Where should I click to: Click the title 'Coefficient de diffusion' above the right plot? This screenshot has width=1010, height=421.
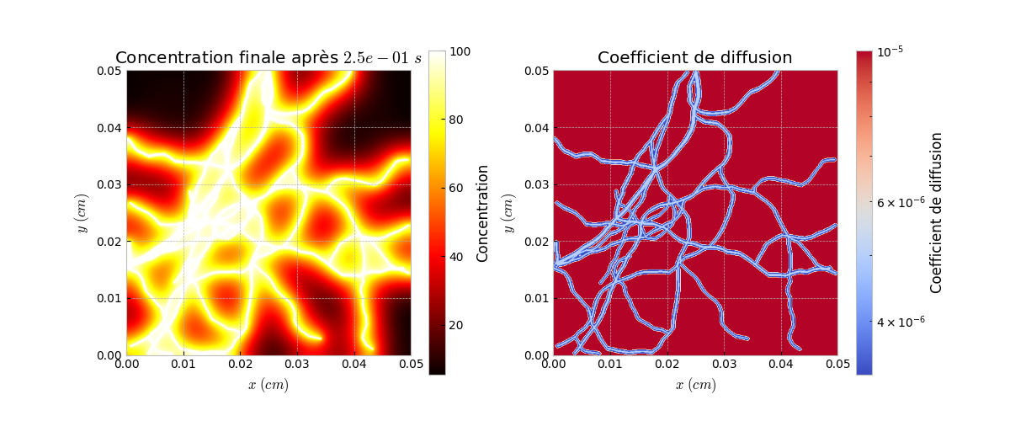point(694,58)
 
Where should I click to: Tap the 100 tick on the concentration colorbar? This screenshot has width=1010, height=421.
point(461,51)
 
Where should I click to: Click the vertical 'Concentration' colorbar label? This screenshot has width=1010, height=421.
point(483,213)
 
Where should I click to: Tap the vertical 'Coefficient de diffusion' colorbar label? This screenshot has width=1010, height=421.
point(936,213)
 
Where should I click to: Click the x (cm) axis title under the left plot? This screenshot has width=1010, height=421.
point(268,386)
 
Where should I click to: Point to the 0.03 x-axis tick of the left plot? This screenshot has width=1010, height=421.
point(297,365)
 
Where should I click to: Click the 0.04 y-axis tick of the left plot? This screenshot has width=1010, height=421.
point(108,128)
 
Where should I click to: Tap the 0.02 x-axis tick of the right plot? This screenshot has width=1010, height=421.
point(667,365)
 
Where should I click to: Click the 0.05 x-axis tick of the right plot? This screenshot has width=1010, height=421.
point(837,365)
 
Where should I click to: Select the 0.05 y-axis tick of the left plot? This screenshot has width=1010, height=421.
point(108,72)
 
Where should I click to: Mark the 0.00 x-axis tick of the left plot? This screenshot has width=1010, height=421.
point(126,365)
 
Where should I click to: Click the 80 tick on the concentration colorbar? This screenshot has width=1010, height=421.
point(459,120)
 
